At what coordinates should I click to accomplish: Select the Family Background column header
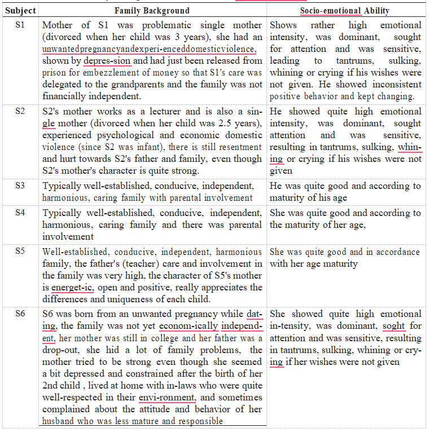click(x=152, y=11)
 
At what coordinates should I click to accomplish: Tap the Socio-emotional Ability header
click(x=345, y=11)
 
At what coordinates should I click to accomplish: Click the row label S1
click(x=19, y=25)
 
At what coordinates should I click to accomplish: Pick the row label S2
click(x=19, y=111)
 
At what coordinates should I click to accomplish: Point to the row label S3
click(x=19, y=186)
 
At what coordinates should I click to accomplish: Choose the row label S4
click(x=19, y=213)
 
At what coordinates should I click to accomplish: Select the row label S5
click(x=19, y=252)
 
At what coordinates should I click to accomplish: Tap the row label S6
click(x=19, y=314)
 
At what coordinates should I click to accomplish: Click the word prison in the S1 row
click(x=55, y=73)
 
